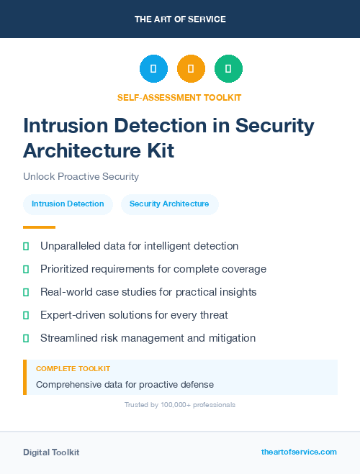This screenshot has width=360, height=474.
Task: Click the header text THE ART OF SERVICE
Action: click(180, 19)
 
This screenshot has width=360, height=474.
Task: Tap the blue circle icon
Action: click(153, 69)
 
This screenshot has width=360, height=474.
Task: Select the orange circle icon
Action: click(191, 69)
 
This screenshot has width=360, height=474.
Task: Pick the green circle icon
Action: click(228, 69)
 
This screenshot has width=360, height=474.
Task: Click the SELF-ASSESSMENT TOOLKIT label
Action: click(179, 97)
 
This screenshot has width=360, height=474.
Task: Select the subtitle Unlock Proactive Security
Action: click(81, 176)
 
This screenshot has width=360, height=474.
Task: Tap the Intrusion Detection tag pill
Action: click(68, 204)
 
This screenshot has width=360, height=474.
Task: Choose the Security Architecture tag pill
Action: click(169, 204)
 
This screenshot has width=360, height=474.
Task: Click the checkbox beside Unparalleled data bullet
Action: click(26, 246)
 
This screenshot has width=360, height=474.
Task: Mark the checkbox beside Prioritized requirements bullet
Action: click(26, 269)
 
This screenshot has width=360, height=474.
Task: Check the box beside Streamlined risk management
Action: click(26, 338)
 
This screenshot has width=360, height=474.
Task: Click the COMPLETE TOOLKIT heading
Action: click(73, 368)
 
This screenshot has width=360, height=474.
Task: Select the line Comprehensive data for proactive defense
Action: click(125, 384)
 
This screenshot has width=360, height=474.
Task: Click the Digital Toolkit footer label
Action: click(51, 452)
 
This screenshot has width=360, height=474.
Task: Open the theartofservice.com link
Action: click(299, 452)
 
